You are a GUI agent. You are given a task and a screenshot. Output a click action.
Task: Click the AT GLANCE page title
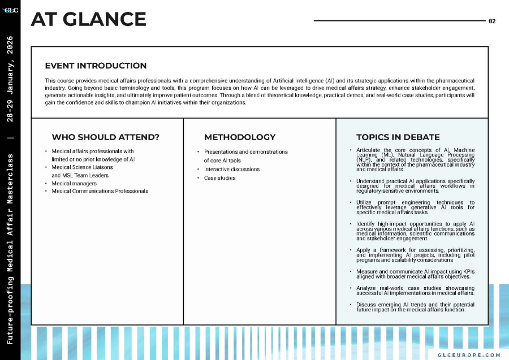(89, 20)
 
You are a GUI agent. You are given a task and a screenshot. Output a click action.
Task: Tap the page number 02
(491, 21)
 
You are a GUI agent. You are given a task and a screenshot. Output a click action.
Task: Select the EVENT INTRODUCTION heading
(96, 66)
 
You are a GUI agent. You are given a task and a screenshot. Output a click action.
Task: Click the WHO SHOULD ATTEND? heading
(105, 137)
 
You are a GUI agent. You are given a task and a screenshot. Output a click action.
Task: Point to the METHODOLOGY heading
(240, 137)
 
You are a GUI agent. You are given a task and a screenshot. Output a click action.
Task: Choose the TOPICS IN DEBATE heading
(398, 137)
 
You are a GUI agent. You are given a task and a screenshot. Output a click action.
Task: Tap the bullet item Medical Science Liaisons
(82, 167)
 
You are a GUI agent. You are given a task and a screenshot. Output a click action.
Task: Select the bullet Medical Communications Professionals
(100, 191)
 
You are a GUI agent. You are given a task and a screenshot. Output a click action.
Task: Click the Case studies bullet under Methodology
(219, 178)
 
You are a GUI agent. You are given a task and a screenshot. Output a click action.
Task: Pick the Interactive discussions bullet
(231, 169)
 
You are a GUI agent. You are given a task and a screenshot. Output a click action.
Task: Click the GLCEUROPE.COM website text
(469, 354)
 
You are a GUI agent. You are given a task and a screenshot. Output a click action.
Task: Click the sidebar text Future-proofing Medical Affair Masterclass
(11, 248)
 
